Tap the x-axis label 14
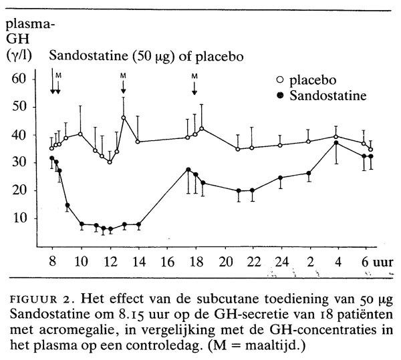coord(138,262)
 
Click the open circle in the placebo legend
coord(281,81)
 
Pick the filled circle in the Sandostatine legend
coord(281,96)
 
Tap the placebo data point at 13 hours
coord(124,118)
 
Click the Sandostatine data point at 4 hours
coord(336,143)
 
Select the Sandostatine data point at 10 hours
coord(81,224)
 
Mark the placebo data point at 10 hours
coord(80,134)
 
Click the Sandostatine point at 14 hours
coord(138,225)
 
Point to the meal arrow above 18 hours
coord(194,89)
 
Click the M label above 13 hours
coord(123,75)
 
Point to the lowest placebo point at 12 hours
coord(110,162)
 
